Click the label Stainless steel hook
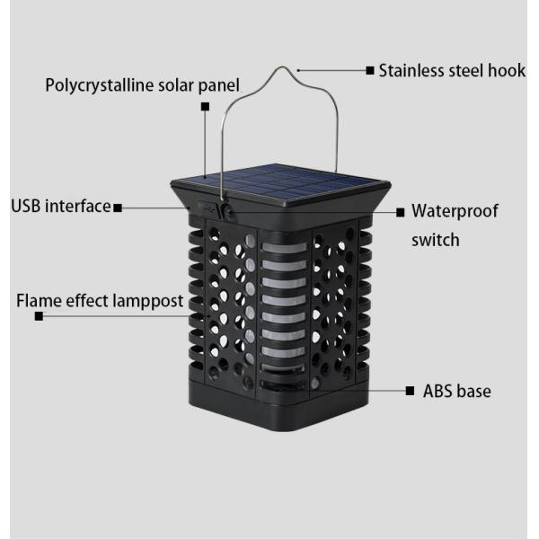[x=452, y=70]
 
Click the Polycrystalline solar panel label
[x=143, y=85]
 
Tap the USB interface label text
[x=60, y=207]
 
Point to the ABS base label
[x=457, y=391]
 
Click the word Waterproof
[x=455, y=212]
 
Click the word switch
[x=436, y=240]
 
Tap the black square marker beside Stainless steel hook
[x=370, y=70]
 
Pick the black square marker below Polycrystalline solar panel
[x=205, y=106]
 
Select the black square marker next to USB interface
[x=118, y=208]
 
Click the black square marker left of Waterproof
[x=401, y=213]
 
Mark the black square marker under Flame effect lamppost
[x=39, y=316]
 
